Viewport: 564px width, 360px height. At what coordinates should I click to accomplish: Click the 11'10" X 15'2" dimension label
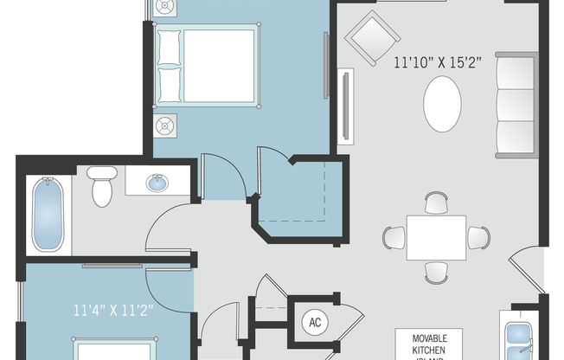[437, 62]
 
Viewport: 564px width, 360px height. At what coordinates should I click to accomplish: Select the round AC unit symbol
[315, 323]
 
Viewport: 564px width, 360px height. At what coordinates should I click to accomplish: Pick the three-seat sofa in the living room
[516, 105]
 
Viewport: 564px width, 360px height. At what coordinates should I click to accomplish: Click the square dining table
[436, 237]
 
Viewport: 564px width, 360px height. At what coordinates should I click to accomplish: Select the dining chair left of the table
[394, 237]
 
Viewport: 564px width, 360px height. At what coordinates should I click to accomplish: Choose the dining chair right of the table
[478, 237]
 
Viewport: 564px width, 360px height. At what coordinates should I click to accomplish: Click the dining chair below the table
[437, 272]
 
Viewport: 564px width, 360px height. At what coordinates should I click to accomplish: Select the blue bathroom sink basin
[157, 183]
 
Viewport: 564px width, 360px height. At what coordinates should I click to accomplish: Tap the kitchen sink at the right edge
[522, 337]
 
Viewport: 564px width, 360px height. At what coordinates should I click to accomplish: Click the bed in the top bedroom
[208, 67]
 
